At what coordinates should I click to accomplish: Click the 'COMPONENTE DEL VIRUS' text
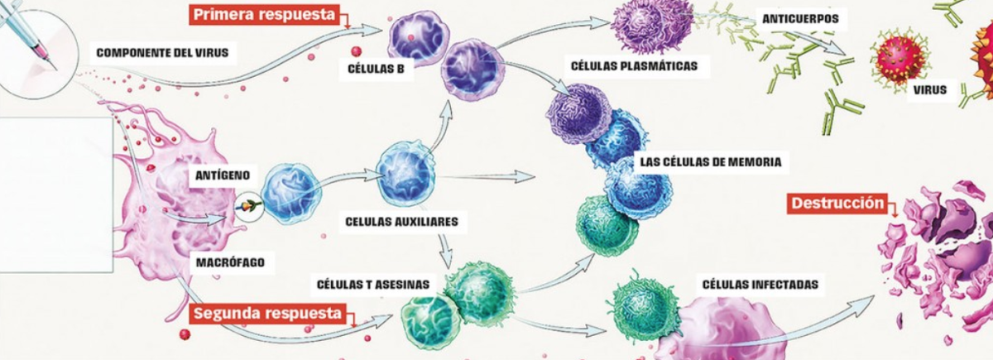162,54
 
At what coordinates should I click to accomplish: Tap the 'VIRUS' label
931,89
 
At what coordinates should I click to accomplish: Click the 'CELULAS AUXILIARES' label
401,222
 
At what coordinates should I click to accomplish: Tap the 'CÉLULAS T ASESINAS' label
373,285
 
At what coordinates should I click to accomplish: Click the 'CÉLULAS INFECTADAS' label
760,285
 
